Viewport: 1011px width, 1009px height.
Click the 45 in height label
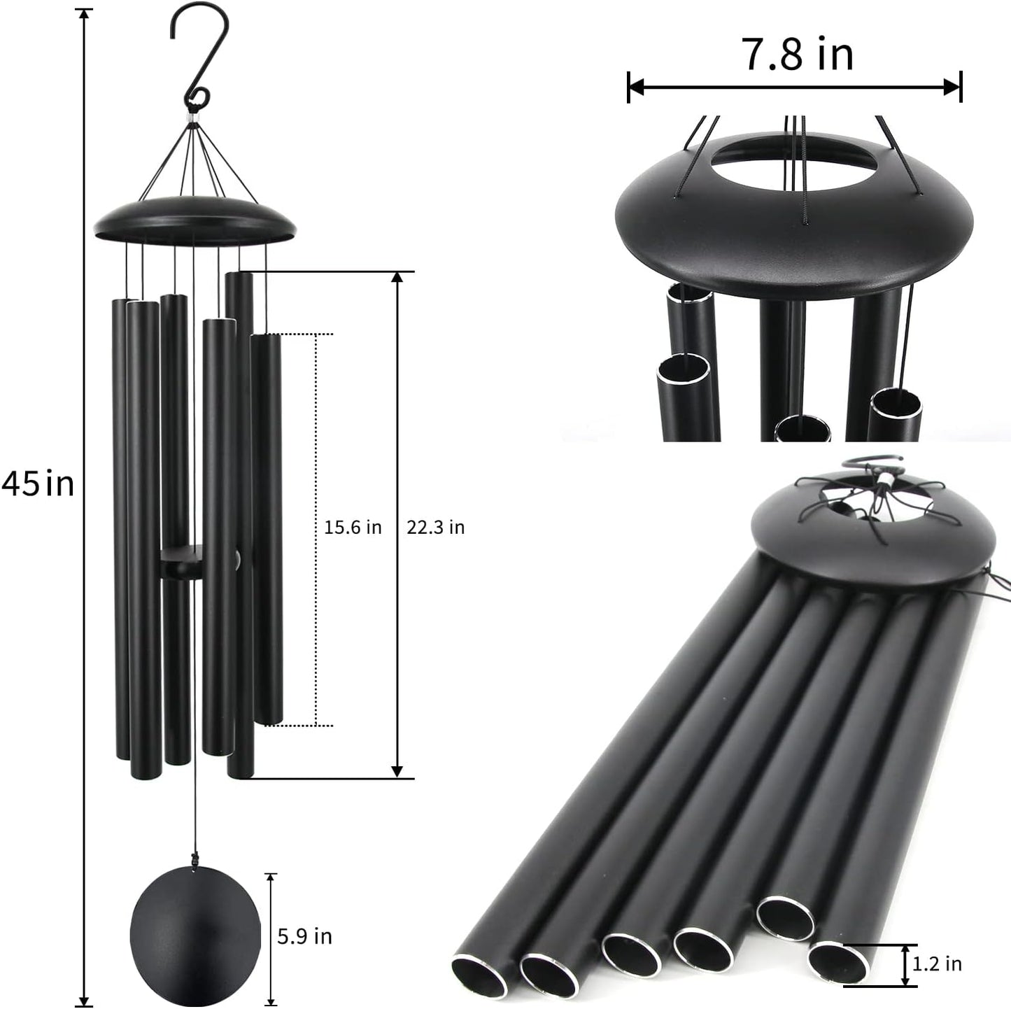point(38,484)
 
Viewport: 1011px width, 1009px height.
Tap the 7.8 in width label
point(797,54)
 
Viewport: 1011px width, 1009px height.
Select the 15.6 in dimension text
point(353,527)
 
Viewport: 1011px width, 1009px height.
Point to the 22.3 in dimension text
point(435,527)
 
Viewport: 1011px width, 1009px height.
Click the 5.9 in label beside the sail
point(304,936)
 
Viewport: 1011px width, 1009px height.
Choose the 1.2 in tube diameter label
point(937,964)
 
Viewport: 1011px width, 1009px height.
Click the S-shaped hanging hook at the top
point(200,56)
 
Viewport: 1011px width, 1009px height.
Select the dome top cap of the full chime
point(195,220)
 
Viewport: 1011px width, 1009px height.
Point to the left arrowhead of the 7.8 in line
point(635,87)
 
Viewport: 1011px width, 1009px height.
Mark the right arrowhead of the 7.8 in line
point(954,87)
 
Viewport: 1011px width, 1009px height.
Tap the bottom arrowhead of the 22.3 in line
point(397,770)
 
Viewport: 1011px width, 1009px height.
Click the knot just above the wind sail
point(194,860)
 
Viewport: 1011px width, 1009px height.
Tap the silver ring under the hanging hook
point(192,126)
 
